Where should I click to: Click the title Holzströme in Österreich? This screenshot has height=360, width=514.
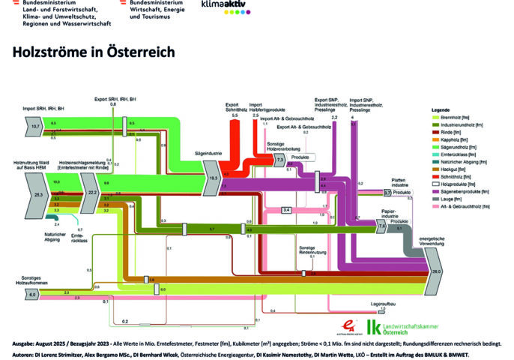pos(94,52)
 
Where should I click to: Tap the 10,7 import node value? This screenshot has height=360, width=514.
pos(34,127)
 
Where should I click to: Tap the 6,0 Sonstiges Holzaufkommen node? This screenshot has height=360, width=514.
pos(32,295)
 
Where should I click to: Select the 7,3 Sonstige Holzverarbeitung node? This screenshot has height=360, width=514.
pos(279,160)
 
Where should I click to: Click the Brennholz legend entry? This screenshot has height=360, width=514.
pos(445,118)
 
